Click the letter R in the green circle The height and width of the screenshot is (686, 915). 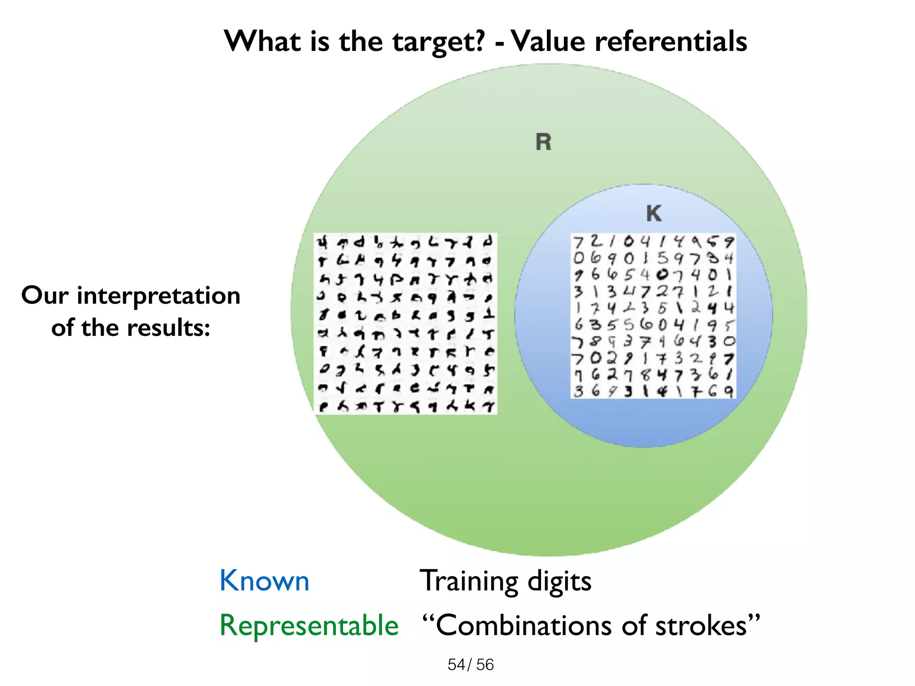pyautogui.click(x=543, y=142)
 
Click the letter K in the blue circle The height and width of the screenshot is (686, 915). pyautogui.click(x=654, y=213)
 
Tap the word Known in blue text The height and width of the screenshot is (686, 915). pyautogui.click(x=264, y=581)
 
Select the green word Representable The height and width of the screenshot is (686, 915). pyautogui.click(x=309, y=625)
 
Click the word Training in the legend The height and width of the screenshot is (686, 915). pyautogui.click(x=469, y=581)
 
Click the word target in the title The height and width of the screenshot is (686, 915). pyautogui.click(x=438, y=42)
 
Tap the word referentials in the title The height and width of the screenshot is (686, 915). pyautogui.click(x=671, y=42)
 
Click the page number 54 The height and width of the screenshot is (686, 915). pyautogui.click(x=457, y=665)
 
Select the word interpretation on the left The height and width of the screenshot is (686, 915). pyautogui.click(x=159, y=296)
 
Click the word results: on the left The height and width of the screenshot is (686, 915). pyautogui.click(x=168, y=328)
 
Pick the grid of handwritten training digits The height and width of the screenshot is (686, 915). pyautogui.click(x=653, y=316)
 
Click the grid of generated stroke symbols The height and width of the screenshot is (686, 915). pyautogui.click(x=405, y=323)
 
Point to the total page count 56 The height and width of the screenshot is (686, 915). pyautogui.click(x=485, y=665)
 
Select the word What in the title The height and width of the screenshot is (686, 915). pyautogui.click(x=263, y=42)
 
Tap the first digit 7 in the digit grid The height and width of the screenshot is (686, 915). pyautogui.click(x=579, y=243)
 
